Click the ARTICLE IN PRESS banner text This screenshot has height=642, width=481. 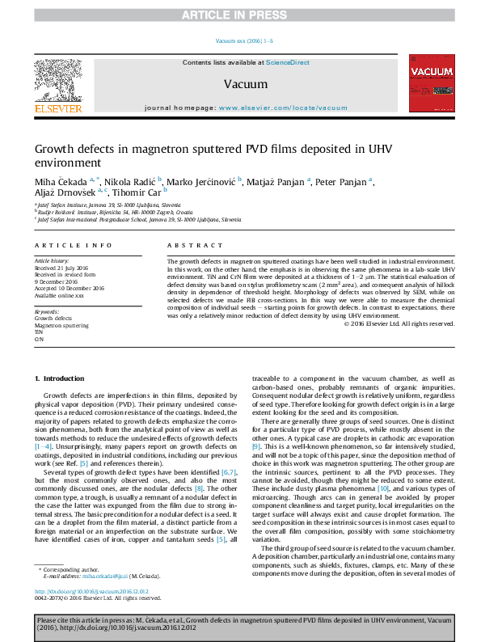tap(240, 15)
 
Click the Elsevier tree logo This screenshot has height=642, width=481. tap(57, 80)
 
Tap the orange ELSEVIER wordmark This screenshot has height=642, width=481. tap(57, 108)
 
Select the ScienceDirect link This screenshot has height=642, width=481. tap(288, 62)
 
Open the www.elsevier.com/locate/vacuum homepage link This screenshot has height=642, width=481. tap(283, 108)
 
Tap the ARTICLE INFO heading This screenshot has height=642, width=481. tap(74, 244)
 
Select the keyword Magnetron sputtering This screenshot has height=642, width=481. tap(62, 325)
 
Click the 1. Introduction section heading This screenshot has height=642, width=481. tap(61, 378)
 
